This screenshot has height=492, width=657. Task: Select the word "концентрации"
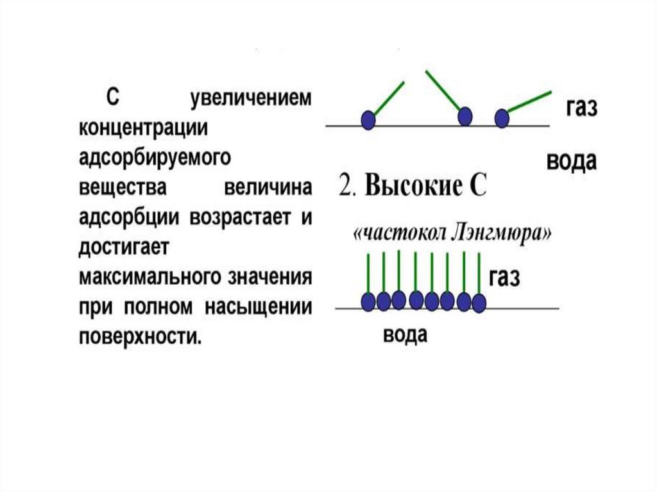tap(143, 127)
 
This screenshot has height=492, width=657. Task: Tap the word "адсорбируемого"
tap(155, 157)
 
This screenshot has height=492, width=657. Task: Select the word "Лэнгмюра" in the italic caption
tap(509, 234)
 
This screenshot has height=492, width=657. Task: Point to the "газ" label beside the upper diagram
tap(581, 107)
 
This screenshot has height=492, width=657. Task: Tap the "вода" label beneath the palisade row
tap(405, 335)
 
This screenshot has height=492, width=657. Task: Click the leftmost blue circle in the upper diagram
tap(368, 119)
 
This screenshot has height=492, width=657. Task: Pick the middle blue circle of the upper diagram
tap(465, 115)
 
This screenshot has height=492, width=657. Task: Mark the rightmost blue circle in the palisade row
tap(479, 303)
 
